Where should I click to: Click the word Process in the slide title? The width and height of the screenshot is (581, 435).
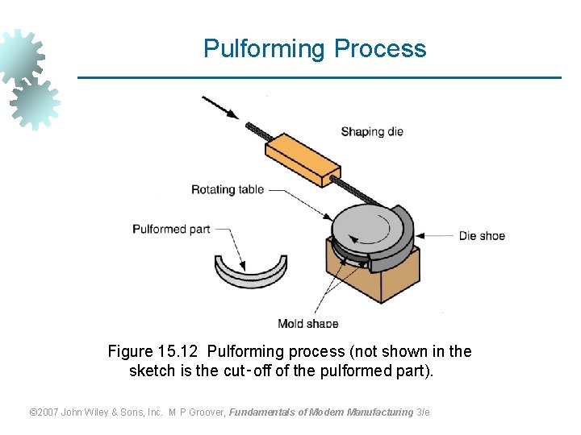(380, 49)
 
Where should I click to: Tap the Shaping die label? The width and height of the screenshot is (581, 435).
(371, 131)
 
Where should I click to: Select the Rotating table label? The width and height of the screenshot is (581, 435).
(227, 190)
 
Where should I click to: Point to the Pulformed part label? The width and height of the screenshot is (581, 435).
(171, 230)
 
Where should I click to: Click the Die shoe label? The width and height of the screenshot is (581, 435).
(482, 236)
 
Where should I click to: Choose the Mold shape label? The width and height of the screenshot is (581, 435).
(307, 324)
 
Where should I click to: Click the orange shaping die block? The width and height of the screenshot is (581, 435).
(303, 159)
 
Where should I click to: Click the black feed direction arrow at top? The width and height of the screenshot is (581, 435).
(219, 107)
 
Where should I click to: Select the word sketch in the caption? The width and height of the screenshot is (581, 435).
(152, 371)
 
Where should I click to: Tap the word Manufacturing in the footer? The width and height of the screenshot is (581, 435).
(379, 412)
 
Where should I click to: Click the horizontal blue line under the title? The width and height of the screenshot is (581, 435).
(319, 77)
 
